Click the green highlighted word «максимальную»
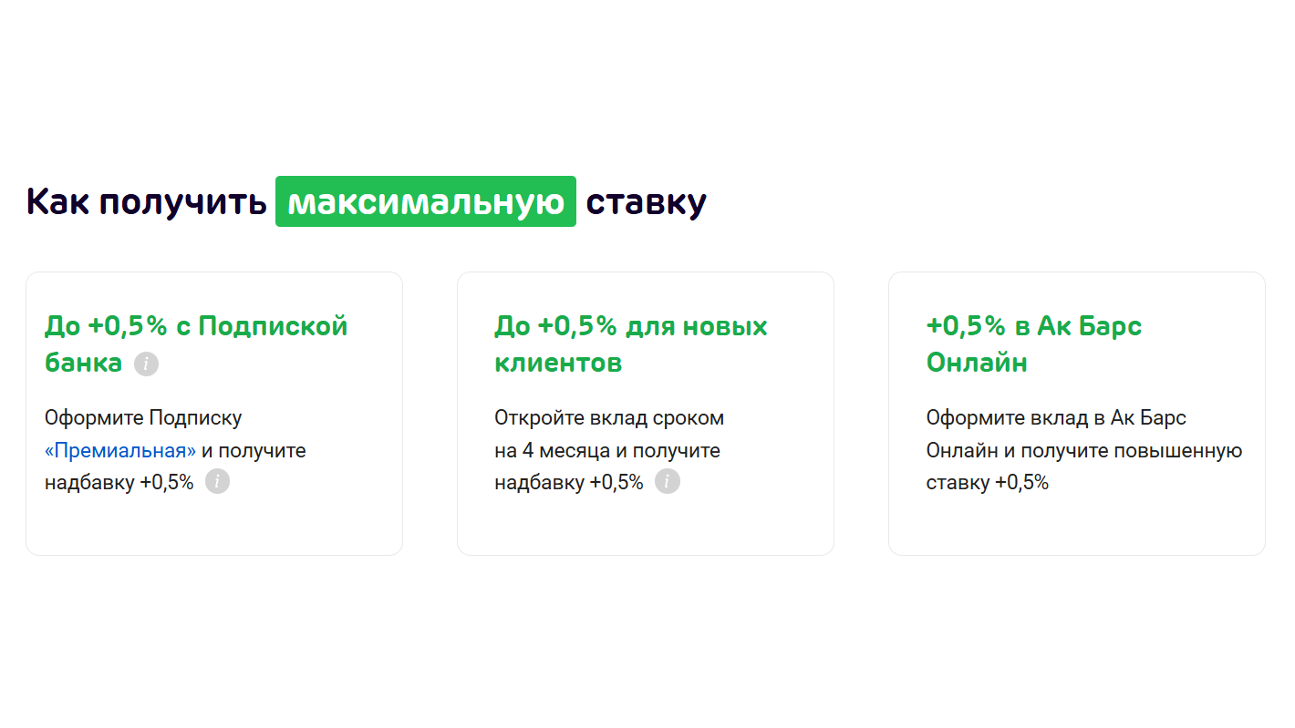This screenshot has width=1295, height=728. pyautogui.click(x=426, y=201)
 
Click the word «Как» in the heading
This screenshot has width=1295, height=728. pyautogui.click(x=57, y=201)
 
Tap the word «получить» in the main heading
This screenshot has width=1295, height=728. pyautogui.click(x=182, y=203)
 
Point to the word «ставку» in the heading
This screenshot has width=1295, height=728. pyautogui.click(x=646, y=203)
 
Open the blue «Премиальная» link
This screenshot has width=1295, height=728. pyautogui.click(x=120, y=450)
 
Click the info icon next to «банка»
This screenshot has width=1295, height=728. pyautogui.click(x=146, y=364)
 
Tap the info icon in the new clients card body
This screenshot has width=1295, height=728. pyautogui.click(x=668, y=481)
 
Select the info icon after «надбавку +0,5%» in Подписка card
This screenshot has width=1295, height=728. pyautogui.click(x=217, y=481)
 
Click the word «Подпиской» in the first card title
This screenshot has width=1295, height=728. pyautogui.click(x=273, y=326)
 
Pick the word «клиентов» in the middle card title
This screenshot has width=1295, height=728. pyautogui.click(x=558, y=363)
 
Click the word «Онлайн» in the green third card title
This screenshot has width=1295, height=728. pyautogui.click(x=977, y=363)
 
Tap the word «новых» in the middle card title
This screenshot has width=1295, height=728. pyautogui.click(x=725, y=327)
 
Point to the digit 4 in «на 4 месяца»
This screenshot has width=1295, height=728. pyautogui.click(x=528, y=450)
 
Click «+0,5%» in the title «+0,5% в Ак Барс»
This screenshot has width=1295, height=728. pyautogui.click(x=966, y=326)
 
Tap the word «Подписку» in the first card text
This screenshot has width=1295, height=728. pyautogui.click(x=195, y=418)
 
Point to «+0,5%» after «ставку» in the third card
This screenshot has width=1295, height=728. pyautogui.click(x=1021, y=482)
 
